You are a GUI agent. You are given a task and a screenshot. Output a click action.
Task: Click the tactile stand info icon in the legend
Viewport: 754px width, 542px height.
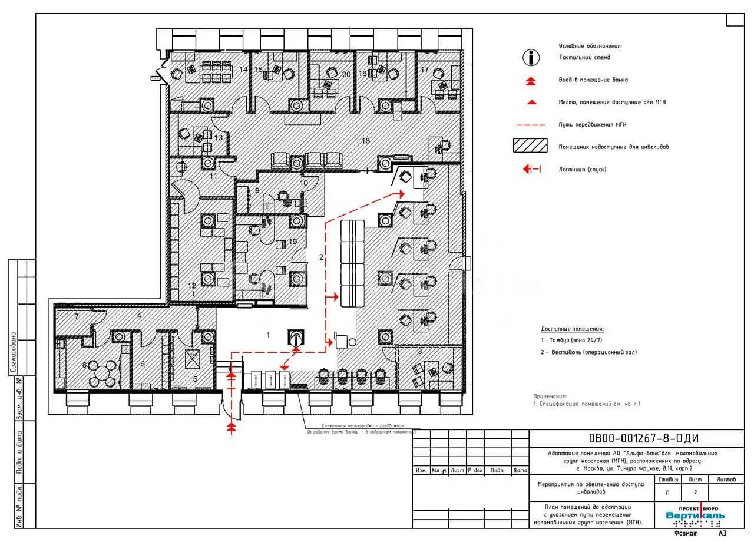pyautogui.click(x=531, y=57)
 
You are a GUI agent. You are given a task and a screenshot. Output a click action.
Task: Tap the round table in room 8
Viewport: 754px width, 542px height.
pyautogui.click(x=103, y=372)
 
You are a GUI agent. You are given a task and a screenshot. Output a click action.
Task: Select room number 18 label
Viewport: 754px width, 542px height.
pyautogui.click(x=365, y=140)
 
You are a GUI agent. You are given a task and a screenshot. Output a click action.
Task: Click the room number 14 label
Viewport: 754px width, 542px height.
pyautogui.click(x=243, y=70)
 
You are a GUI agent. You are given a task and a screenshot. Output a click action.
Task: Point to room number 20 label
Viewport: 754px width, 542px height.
pyautogui.click(x=346, y=74)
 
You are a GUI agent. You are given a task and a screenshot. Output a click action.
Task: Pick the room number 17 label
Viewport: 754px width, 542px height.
pyautogui.click(x=425, y=70)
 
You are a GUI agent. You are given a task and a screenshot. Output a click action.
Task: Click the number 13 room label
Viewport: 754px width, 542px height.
pyautogui.click(x=219, y=137)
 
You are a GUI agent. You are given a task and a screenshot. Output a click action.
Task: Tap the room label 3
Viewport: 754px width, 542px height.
pyautogui.click(x=419, y=352)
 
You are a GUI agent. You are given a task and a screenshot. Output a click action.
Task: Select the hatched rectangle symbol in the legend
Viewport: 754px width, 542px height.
pyautogui.click(x=531, y=147)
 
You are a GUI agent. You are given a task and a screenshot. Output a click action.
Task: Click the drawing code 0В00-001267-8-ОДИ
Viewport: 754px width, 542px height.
pyautogui.click(x=643, y=438)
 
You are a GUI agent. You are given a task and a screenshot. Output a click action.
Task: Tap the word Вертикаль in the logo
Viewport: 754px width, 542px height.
pyautogui.click(x=695, y=516)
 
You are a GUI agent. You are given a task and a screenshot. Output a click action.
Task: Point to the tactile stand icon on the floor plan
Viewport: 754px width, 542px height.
pyautogui.click(x=296, y=338)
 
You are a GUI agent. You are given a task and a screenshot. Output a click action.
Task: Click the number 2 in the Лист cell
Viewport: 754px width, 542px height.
pyautogui.click(x=696, y=492)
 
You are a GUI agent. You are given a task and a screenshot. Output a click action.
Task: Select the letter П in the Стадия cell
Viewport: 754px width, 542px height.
pyautogui.click(x=667, y=492)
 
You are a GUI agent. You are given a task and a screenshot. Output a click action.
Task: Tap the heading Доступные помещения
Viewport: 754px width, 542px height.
pyautogui.click(x=573, y=329)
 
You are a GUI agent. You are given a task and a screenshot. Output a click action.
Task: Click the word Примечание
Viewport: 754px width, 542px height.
pyautogui.click(x=550, y=396)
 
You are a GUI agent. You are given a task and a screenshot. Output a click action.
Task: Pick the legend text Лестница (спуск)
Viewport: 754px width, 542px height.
pyautogui.click(x=583, y=170)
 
